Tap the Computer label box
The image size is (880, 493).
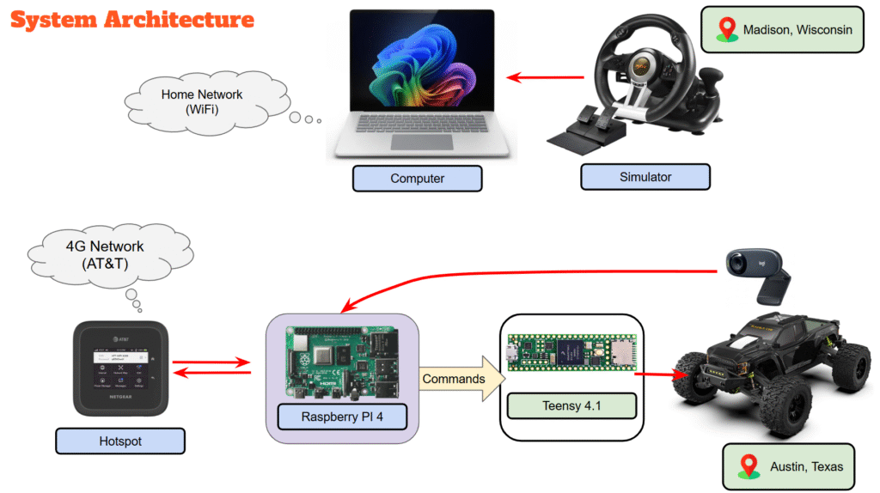pyautogui.click(x=417, y=179)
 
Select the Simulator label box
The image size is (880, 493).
pyautogui.click(x=645, y=177)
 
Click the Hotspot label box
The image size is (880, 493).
pyautogui.click(x=119, y=441)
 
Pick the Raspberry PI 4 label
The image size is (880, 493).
pyautogui.click(x=342, y=418)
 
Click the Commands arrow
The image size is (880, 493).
pyautogui.click(x=456, y=379)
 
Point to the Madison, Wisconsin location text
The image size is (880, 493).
pyautogui.click(x=797, y=30)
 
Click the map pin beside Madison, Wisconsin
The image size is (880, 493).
pyautogui.click(x=728, y=30)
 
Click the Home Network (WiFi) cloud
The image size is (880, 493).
pyautogui.click(x=201, y=102)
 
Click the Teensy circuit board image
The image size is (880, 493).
pyautogui.click(x=571, y=353)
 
